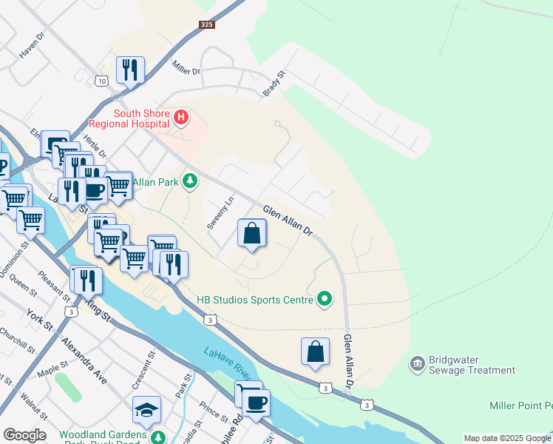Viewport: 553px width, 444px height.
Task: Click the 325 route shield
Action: pos(206,24)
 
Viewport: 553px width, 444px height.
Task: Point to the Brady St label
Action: pos(274,84)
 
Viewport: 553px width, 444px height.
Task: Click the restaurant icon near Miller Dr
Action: pos(130,70)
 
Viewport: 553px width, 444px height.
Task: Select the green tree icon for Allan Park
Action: pos(191,181)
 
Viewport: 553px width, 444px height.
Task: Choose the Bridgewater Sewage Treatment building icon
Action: pos(416,363)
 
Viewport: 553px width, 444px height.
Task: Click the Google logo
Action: pos(24,435)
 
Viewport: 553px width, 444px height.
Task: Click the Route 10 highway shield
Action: pos(101,81)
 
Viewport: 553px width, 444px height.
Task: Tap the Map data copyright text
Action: pos(507,438)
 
